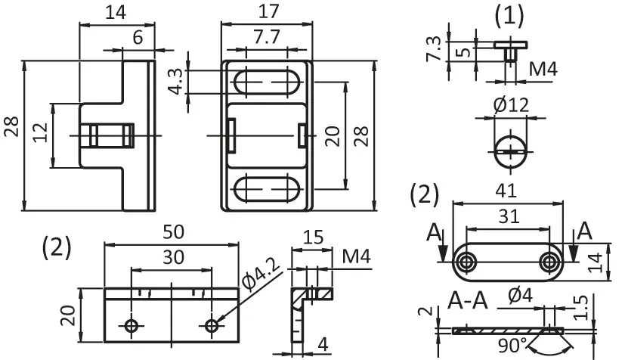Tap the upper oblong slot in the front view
[267, 82]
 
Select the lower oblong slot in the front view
[267, 188]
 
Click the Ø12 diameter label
[511, 105]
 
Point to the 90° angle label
[512, 345]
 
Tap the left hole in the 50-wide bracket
[131, 326]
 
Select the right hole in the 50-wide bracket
[212, 326]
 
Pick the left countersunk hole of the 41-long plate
[465, 262]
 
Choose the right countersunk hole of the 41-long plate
[549, 262]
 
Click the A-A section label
[468, 300]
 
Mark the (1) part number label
[509, 17]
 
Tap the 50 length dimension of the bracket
[173, 232]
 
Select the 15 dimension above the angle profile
[313, 237]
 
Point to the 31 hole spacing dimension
[509, 217]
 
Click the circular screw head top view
[511, 152]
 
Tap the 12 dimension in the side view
[40, 133]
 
